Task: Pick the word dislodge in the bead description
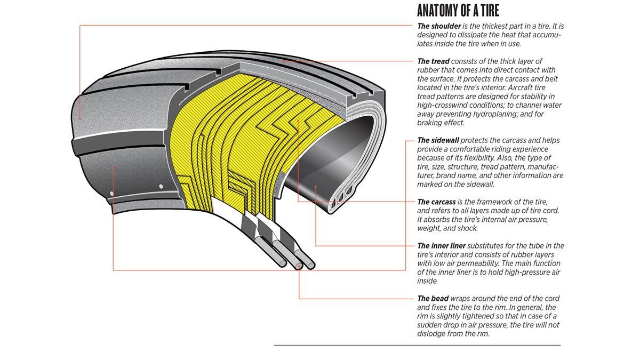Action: pyautogui.click(x=433, y=333)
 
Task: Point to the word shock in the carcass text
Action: pyautogui.click(x=468, y=228)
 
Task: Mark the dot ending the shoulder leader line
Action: pyautogui.click(x=79, y=117)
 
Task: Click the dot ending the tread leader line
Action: pyautogui.click(x=284, y=61)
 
